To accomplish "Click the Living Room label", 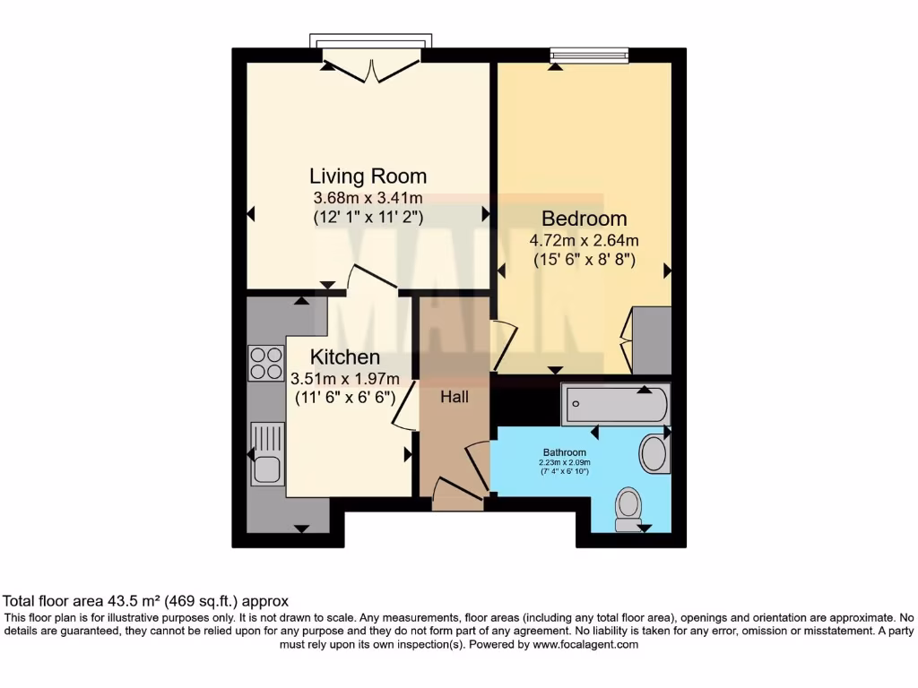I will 368,176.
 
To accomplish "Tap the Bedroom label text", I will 584,219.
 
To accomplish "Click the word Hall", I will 454,397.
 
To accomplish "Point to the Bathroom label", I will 564,452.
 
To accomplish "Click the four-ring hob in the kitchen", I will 266,363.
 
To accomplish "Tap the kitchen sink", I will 267,453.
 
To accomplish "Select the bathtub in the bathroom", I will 615,405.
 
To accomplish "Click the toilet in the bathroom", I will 629,508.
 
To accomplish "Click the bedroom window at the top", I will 589,56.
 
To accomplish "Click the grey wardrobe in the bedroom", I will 652,340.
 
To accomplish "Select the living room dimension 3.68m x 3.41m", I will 368,198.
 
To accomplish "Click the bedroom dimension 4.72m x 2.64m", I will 584,240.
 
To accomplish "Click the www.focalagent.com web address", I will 585,644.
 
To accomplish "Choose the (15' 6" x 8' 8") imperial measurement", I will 584,260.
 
